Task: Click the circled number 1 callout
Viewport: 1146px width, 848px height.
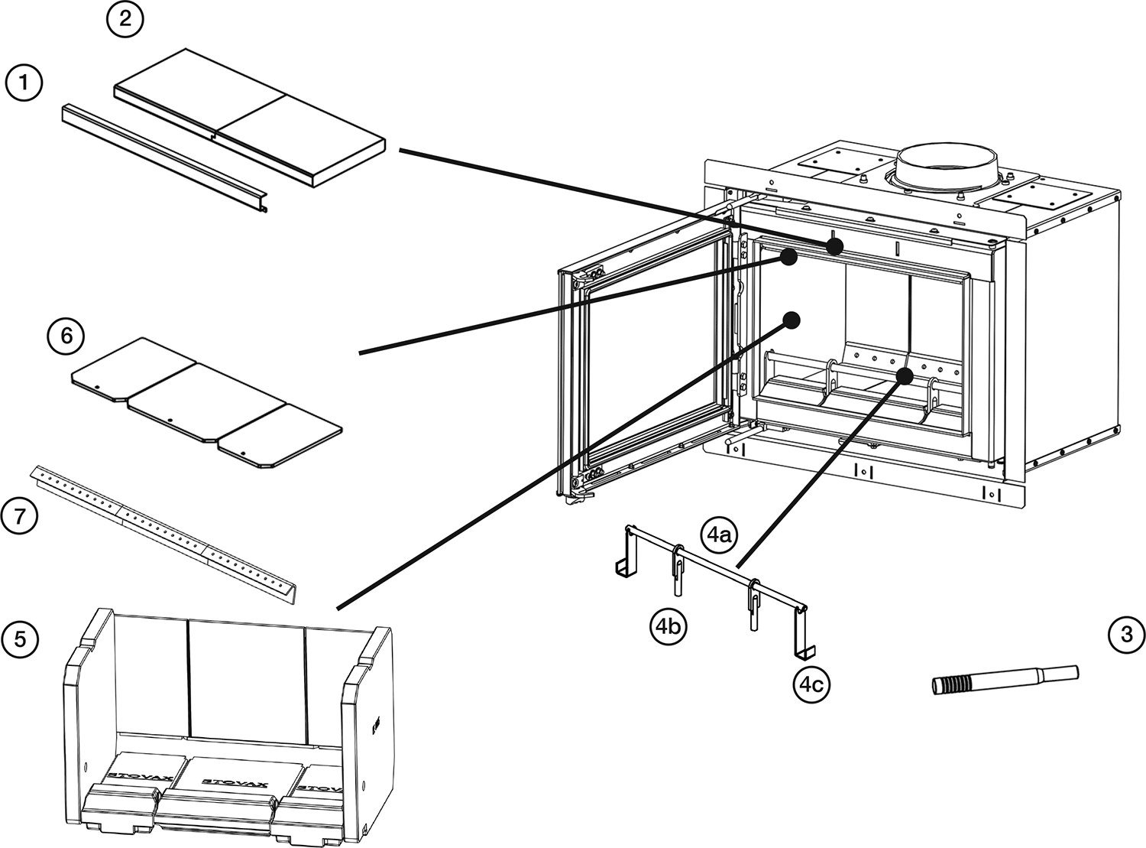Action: tap(24, 83)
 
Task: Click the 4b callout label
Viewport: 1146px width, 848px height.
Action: tap(668, 627)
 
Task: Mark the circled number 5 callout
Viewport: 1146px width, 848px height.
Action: tap(20, 638)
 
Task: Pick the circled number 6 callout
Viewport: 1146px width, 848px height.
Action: tap(66, 336)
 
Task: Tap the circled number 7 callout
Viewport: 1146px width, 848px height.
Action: tap(20, 517)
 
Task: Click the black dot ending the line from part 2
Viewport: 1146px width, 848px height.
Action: tap(835, 246)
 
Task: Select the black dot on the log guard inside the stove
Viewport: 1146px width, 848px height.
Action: tap(905, 375)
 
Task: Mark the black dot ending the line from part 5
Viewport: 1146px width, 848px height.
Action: tap(792, 319)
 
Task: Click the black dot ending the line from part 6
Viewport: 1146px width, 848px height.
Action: tap(790, 258)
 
